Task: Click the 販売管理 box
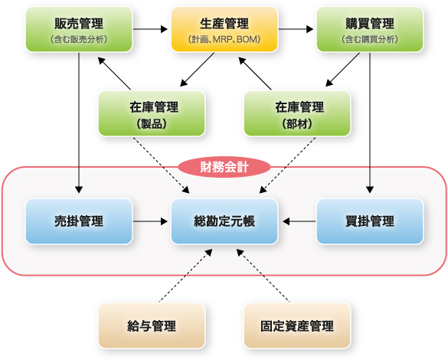coord(79,29)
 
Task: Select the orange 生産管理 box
coord(224,29)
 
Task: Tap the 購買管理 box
coord(370,29)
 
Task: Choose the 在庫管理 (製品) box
coord(152,113)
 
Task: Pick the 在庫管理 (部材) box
coord(297,113)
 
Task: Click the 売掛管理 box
coord(79,221)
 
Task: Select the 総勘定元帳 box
coord(224,221)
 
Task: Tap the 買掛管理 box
coord(370,221)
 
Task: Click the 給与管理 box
coord(152,326)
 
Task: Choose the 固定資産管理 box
coord(297,326)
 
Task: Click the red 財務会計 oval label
coord(224,167)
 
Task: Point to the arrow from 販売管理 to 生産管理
coord(150,29)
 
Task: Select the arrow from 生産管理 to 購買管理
coord(296,29)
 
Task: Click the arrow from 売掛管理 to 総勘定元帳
coord(150,221)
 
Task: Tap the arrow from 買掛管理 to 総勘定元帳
coord(299,221)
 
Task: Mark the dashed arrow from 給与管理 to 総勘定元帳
coord(186,275)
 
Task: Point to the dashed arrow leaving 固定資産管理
coord(263,275)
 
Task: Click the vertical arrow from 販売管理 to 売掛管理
coord(79,123)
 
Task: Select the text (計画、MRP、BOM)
coord(224,39)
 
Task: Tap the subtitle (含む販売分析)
coord(79,39)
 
